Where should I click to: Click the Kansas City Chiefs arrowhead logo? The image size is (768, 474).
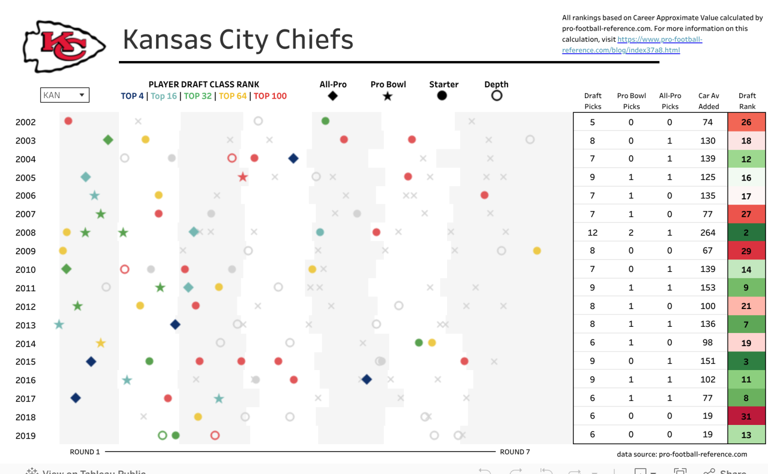[x=64, y=46]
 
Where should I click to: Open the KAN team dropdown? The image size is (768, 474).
[x=65, y=95]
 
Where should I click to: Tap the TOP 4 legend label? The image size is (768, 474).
[x=132, y=96]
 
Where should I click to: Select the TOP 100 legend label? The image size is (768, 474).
[x=270, y=96]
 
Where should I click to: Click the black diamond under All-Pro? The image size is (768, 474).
[x=333, y=96]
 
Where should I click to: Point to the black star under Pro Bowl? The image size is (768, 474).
[x=388, y=96]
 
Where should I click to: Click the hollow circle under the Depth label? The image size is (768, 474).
[x=497, y=96]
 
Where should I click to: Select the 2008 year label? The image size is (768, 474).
[x=26, y=233]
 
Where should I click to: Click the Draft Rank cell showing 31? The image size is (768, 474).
[x=746, y=417]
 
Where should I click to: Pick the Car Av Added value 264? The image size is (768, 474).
[x=707, y=233]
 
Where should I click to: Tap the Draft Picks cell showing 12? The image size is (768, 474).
[x=592, y=233]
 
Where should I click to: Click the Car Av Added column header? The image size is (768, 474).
[x=709, y=101]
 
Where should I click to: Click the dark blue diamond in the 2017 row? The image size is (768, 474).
[x=76, y=398]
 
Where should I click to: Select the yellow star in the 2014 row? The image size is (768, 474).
[x=101, y=343]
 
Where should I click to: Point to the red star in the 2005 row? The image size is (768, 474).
[x=243, y=177]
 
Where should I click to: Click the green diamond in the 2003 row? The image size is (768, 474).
[x=108, y=140]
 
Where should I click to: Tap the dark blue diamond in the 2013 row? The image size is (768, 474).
[x=175, y=325]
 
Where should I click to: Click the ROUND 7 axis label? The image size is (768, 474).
[x=514, y=452]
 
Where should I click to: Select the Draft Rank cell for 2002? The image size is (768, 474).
[x=746, y=122]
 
